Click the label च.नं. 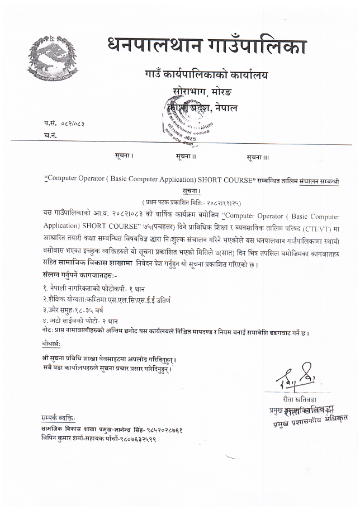point(50,135)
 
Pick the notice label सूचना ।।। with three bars point(258,158)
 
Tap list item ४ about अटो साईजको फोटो point(80,322)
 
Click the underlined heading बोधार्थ point(54,343)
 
